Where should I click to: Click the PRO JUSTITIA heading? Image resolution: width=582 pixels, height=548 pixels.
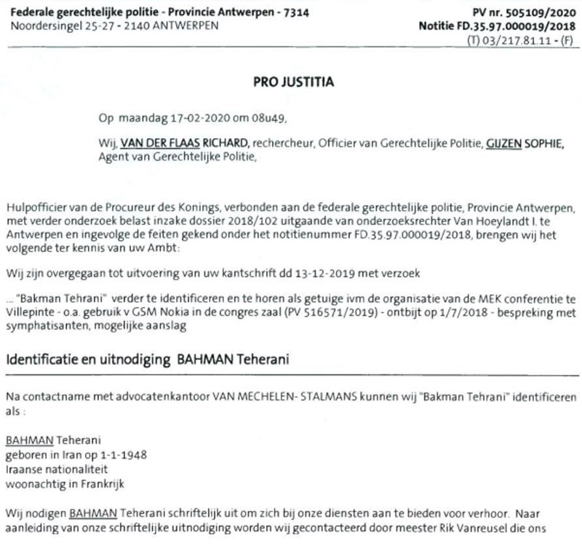tap(290, 82)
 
